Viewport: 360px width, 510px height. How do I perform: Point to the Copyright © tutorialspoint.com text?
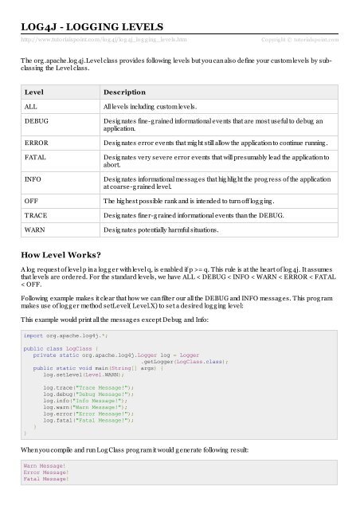point(301,39)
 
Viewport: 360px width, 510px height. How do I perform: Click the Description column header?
point(129,92)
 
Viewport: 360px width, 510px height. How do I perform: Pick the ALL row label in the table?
point(32,106)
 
